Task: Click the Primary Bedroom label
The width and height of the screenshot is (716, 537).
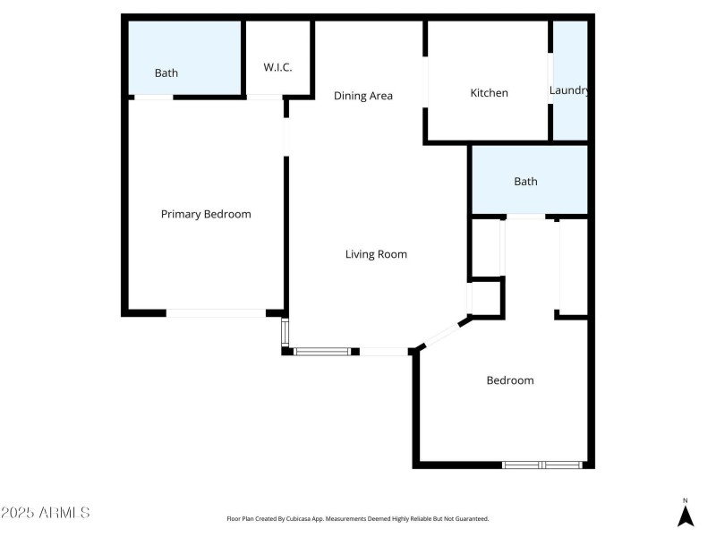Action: pos(206,214)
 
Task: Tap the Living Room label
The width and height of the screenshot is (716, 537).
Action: pos(376,254)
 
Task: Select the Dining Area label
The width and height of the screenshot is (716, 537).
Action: pos(363,96)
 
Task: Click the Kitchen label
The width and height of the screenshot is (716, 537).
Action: pos(490,93)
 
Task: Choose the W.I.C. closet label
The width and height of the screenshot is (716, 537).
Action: pos(277,68)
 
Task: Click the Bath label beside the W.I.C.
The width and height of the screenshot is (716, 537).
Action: pos(166,73)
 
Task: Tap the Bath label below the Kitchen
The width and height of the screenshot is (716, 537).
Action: pos(525,182)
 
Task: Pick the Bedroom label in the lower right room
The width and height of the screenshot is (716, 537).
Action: pos(509,380)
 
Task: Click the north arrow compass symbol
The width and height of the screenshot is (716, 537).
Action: pos(686,516)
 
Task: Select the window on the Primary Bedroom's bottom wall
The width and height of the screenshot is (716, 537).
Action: pos(216,312)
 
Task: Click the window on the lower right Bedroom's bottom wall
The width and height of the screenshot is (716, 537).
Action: pos(542,465)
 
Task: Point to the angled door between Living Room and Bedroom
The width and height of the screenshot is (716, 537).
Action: pos(441,333)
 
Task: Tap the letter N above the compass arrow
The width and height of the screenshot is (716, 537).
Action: pos(686,500)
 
